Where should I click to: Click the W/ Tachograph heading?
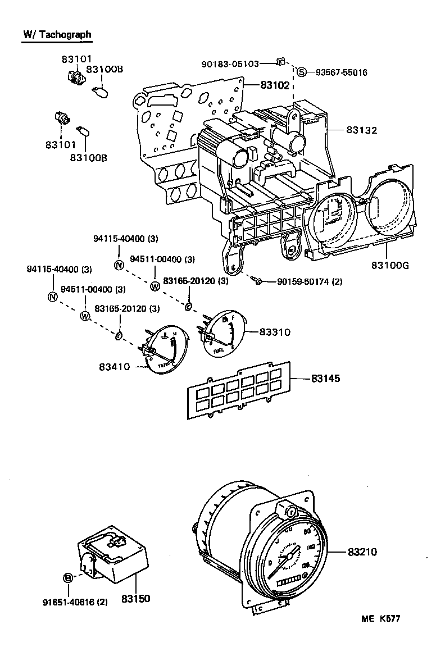(x=56, y=35)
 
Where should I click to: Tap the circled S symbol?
(x=302, y=72)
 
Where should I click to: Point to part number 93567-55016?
(x=341, y=72)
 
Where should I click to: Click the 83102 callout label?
(x=274, y=85)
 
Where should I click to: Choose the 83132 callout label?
(x=361, y=130)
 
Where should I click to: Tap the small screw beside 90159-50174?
(x=257, y=280)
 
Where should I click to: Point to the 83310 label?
(x=275, y=332)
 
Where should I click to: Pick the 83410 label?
(x=115, y=367)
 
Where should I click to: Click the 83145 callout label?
(x=326, y=379)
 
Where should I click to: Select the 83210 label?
(x=361, y=552)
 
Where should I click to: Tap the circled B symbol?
(x=68, y=577)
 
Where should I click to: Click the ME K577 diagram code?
(x=381, y=619)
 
